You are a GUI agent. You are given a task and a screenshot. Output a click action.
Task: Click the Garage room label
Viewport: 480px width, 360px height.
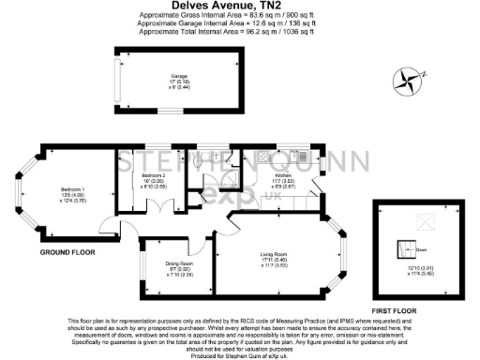point(179,76)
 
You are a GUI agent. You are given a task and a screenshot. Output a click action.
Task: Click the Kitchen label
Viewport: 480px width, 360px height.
point(283,175)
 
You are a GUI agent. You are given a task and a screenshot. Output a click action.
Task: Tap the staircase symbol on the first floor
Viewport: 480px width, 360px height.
point(409,249)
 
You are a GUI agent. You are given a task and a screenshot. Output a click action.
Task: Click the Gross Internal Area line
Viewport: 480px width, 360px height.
point(239,16)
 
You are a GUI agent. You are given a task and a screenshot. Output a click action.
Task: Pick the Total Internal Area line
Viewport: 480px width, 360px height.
point(239,31)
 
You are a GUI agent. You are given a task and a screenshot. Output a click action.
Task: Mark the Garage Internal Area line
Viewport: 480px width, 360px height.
point(239,23)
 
